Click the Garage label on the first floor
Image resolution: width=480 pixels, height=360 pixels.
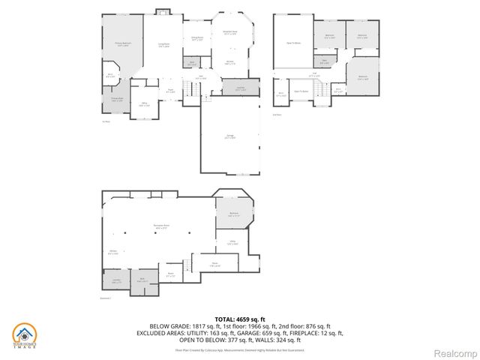(230, 136)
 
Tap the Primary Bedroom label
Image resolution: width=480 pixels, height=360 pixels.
(122, 44)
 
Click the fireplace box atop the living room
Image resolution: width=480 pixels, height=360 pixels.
(162, 11)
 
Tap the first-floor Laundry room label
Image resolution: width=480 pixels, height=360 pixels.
(241, 88)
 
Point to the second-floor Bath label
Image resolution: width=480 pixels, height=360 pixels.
(324, 62)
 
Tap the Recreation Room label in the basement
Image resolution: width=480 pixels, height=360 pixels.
(160, 224)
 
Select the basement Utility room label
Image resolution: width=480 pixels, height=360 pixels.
(232, 242)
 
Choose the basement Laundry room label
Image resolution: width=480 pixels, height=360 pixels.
(116, 280)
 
